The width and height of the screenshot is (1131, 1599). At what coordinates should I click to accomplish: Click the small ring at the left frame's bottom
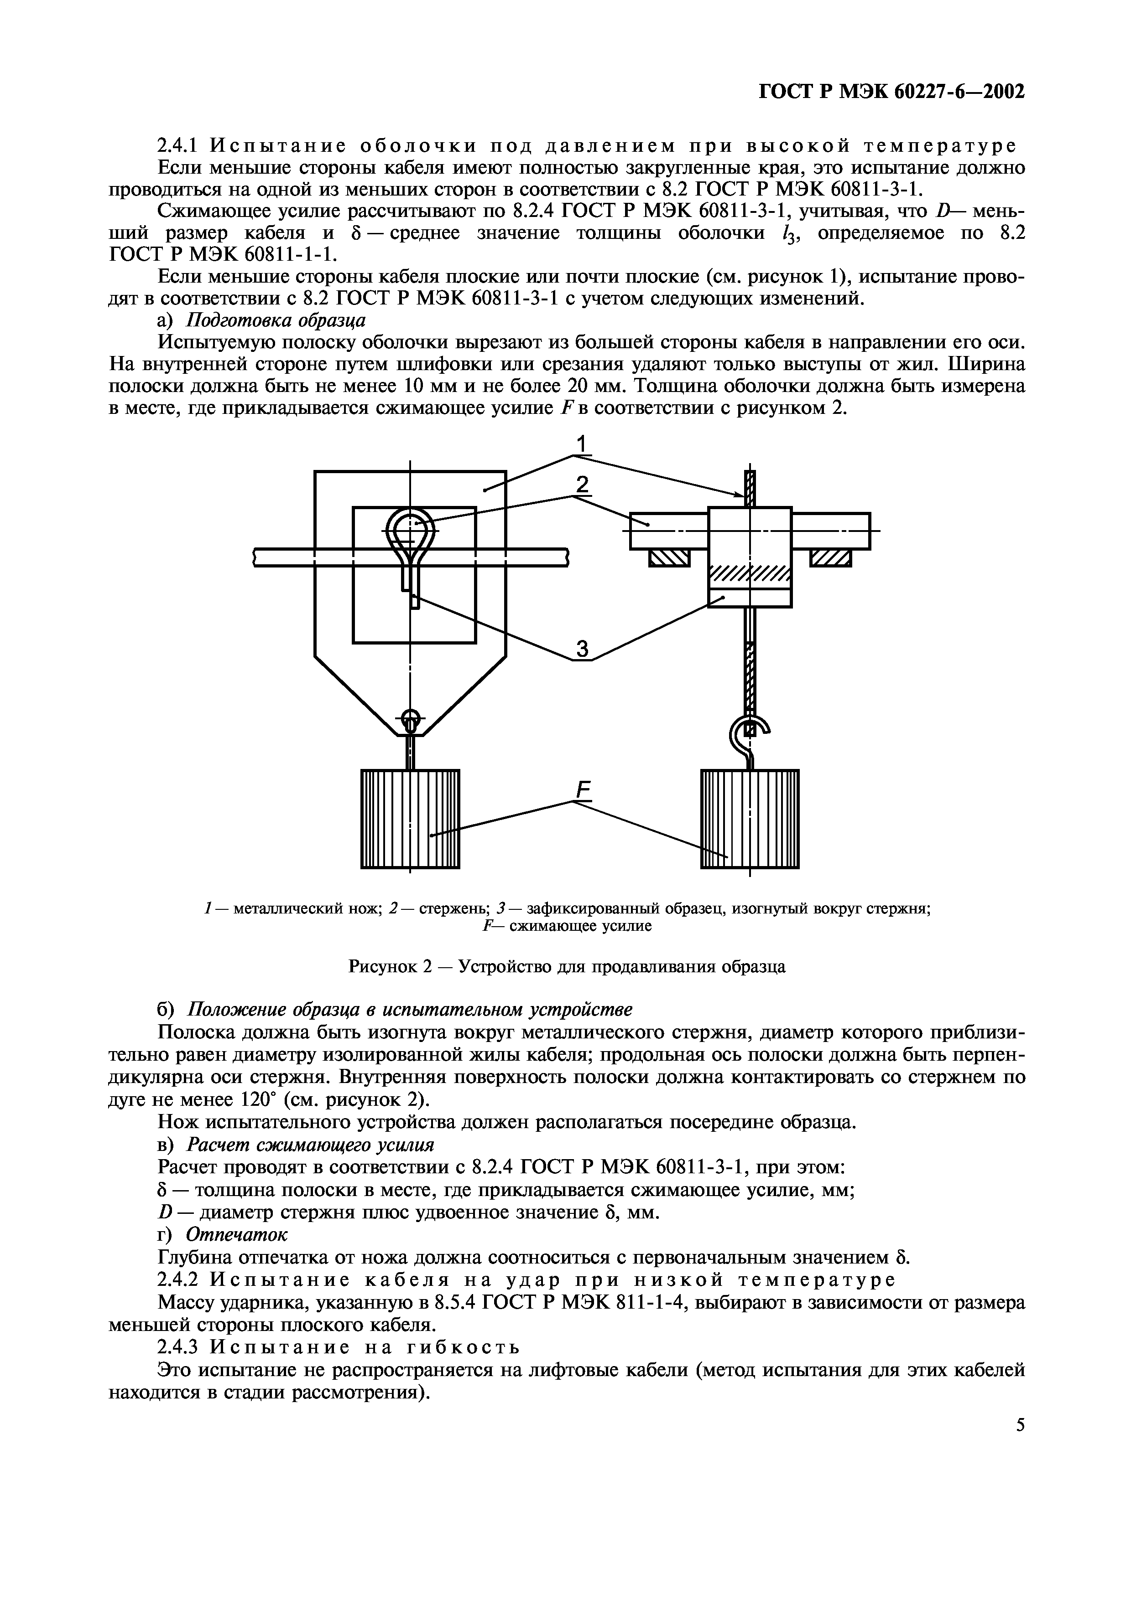[x=411, y=717]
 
